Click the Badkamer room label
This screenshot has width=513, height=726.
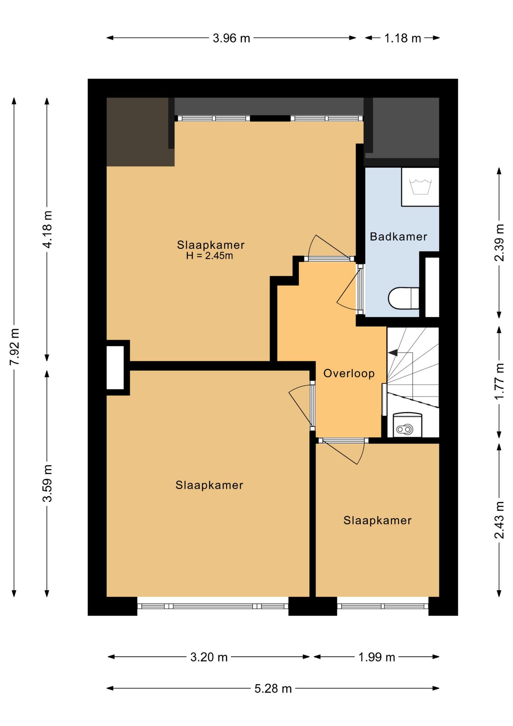point(398,237)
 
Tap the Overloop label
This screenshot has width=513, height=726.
point(349,374)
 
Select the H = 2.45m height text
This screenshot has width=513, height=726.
point(209,256)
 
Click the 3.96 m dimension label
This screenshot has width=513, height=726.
point(231,38)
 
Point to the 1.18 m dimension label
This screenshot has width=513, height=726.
point(402,38)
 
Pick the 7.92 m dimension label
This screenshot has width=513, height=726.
point(15,347)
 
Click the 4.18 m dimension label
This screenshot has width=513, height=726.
point(47,230)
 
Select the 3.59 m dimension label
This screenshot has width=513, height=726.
point(47,483)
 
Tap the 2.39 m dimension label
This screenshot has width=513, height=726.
point(499,243)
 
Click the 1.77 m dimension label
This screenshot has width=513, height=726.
point(499,382)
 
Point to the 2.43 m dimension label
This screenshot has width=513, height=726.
point(499,520)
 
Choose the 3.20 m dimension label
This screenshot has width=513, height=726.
point(209,657)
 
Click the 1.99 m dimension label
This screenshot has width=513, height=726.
point(377,657)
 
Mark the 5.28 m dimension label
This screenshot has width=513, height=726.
point(273,689)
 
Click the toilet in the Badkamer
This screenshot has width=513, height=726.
point(403,298)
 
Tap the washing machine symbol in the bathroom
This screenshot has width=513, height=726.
point(420,187)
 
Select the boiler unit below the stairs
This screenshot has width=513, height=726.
point(407,425)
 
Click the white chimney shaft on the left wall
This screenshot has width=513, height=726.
point(115,368)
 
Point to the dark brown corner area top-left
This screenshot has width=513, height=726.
point(138,132)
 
